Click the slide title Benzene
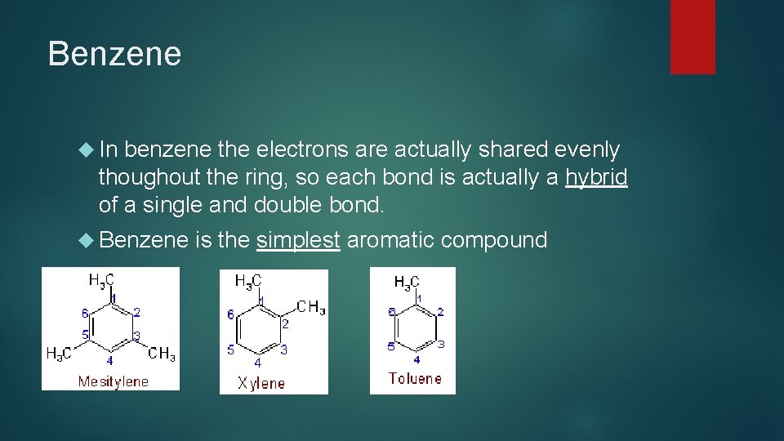point(114,54)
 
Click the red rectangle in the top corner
point(693,36)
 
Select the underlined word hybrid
point(596,176)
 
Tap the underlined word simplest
point(298,240)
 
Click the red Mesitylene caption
point(113,381)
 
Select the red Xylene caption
point(261,383)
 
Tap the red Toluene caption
point(415,378)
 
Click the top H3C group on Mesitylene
point(101,281)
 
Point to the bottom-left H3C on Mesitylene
point(59,354)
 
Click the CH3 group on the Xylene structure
point(311,308)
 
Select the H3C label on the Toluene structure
point(407,283)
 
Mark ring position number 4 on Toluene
point(416,359)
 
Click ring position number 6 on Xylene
point(230,314)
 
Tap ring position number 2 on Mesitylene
point(136,312)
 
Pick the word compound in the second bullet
point(494,240)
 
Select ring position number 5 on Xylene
point(231,350)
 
